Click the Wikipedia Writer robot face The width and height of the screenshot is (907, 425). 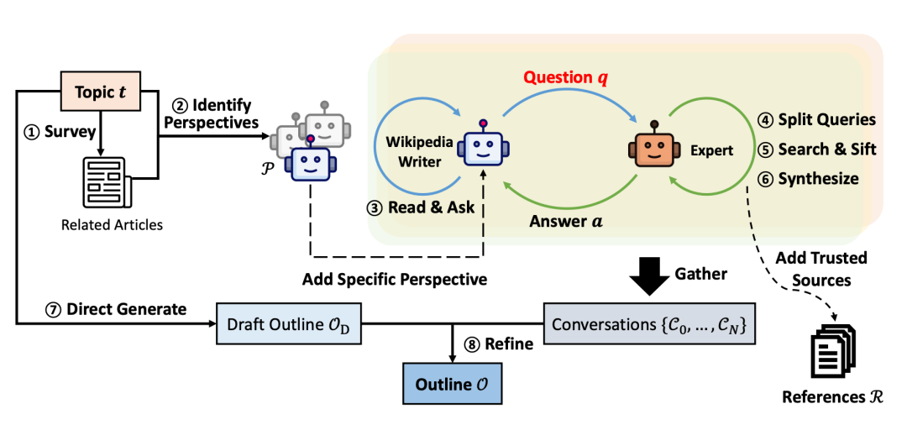[x=483, y=148]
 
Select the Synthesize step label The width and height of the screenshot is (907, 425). [x=811, y=179]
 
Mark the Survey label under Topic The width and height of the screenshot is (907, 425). [x=59, y=132]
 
